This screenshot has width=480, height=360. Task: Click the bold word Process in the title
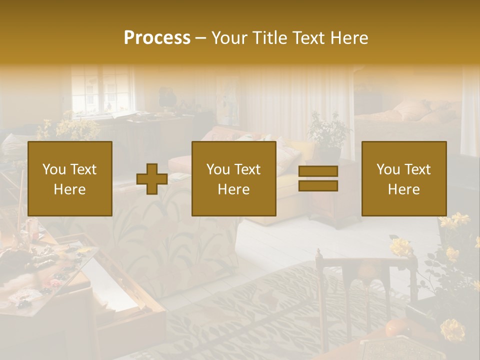tap(157, 38)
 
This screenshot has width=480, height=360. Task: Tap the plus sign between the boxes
tap(152, 178)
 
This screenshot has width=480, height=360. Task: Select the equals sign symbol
tap(318, 178)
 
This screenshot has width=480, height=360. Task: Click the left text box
tap(70, 178)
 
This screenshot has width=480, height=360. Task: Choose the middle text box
tap(234, 178)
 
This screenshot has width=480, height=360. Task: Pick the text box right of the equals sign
tap(404, 178)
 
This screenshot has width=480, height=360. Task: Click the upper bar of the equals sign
tap(318, 171)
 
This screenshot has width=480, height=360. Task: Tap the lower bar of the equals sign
tap(318, 186)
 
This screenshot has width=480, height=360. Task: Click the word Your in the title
tap(229, 38)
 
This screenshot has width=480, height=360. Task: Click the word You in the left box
tap(52, 169)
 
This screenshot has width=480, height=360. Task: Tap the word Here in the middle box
tap(234, 189)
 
